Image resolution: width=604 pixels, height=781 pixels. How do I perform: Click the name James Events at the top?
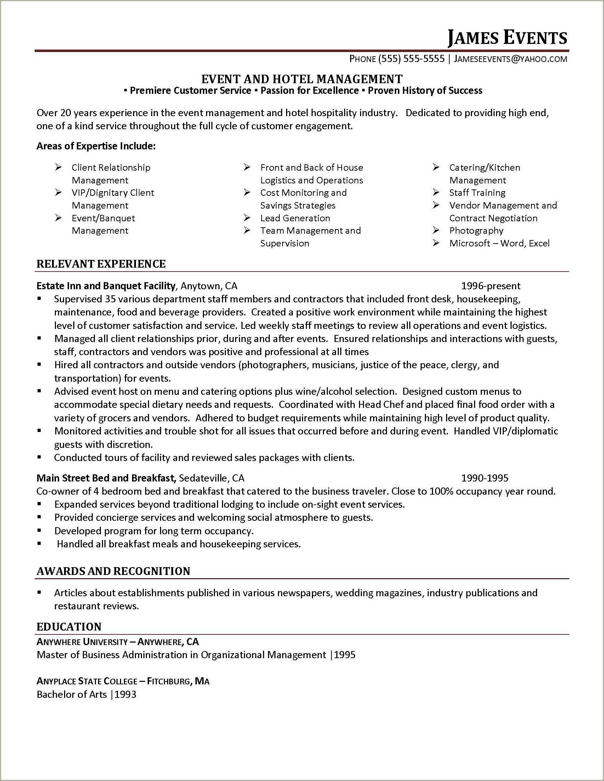point(507,38)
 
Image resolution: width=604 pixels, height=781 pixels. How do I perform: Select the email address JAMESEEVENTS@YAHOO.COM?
point(510,59)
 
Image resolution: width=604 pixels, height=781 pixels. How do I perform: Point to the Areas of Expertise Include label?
point(96,146)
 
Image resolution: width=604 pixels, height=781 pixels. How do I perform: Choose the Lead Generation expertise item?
point(295,218)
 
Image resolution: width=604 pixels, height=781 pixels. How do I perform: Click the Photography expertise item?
point(476,230)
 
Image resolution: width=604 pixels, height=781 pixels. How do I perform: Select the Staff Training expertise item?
point(477,193)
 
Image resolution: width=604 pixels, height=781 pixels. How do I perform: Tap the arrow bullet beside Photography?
point(435,230)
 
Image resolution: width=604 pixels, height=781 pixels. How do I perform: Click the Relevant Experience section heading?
point(101,264)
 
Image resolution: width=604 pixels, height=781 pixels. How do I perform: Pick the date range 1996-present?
point(491,286)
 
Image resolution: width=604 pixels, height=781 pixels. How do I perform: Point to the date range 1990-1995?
point(485,478)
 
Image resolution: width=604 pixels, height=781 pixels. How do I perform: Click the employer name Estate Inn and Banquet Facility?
point(106,286)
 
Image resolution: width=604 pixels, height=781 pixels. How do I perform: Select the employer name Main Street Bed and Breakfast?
point(106,478)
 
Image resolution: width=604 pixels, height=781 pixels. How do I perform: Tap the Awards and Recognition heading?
point(113,571)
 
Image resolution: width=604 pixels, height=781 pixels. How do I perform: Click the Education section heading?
point(69,627)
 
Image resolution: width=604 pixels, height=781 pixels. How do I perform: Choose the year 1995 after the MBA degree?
point(345,655)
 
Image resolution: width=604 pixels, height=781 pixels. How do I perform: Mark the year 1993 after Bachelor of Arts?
point(126,695)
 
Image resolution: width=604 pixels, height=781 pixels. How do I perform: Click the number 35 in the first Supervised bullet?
point(111,299)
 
